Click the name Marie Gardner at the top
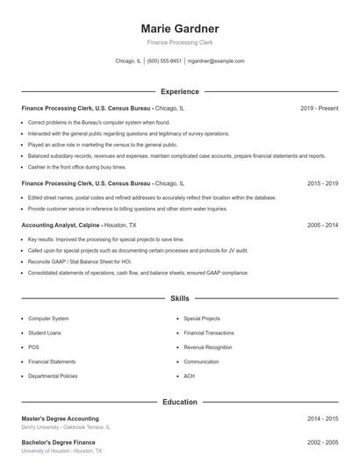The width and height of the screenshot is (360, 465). (179, 28)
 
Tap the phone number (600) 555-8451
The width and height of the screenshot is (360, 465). (164, 61)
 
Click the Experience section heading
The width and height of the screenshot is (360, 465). (179, 91)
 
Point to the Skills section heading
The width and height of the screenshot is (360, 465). (179, 298)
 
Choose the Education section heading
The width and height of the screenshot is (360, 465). (179, 402)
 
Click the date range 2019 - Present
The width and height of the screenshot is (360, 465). (319, 108)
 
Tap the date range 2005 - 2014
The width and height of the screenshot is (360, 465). (322, 225)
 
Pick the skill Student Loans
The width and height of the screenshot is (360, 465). (45, 333)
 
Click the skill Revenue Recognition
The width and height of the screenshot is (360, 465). (208, 347)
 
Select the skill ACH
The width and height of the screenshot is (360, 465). (190, 376)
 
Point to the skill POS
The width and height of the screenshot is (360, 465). (33, 347)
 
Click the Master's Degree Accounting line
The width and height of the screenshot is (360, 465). (60, 418)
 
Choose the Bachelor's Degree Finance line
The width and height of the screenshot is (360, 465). (58, 442)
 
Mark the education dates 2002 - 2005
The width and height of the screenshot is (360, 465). (322, 442)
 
